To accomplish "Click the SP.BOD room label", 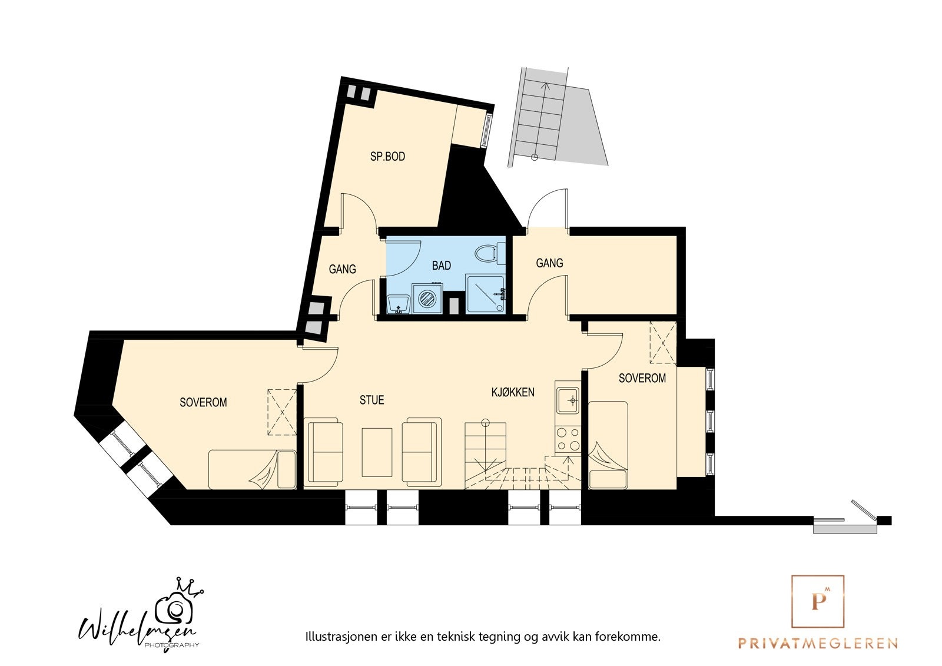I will pyautogui.click(x=387, y=157).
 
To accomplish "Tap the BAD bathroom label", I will pyautogui.click(x=442, y=266).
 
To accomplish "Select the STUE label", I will pyautogui.click(x=372, y=400).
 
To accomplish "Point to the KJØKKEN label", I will pyautogui.click(x=513, y=392).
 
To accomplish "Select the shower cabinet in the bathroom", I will pyautogui.click(x=485, y=293).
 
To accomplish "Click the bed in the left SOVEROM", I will pyautogui.click(x=252, y=469).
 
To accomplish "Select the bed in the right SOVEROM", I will pyautogui.click(x=608, y=445).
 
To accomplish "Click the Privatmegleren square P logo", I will pyautogui.click(x=817, y=601).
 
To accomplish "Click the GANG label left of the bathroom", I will pyautogui.click(x=342, y=269).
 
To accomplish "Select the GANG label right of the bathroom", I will pyautogui.click(x=549, y=263).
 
